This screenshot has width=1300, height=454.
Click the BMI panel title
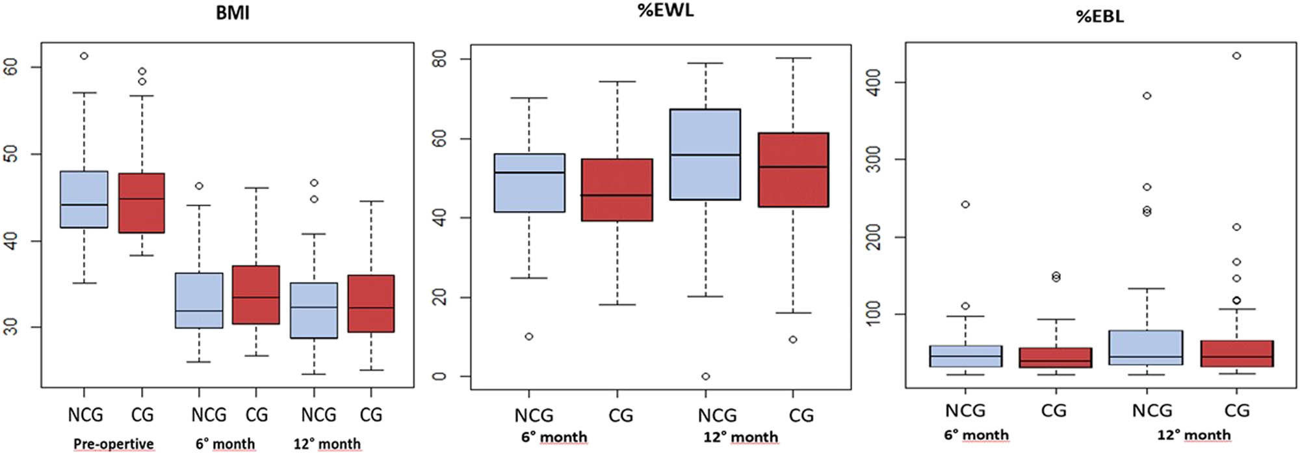pyautogui.click(x=232, y=14)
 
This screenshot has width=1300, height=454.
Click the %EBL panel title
pyautogui.click(x=1100, y=16)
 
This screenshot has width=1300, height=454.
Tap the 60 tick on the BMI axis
pyautogui.click(x=11, y=67)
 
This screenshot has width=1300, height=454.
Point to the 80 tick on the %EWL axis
pyautogui.click(x=440, y=59)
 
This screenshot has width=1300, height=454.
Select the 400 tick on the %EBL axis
pyautogui.click(x=876, y=83)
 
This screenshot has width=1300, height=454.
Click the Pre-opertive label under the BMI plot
pyautogui.click(x=113, y=444)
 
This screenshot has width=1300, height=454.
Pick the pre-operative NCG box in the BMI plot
pyautogui.click(x=84, y=199)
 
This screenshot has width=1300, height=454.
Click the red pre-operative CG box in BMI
pyautogui.click(x=142, y=202)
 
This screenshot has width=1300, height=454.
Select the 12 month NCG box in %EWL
pyautogui.click(x=705, y=154)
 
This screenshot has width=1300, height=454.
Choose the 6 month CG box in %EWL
pyautogui.click(x=617, y=190)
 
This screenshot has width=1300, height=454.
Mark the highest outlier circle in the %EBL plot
pyautogui.click(x=1237, y=56)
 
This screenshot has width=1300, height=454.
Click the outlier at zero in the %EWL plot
pyautogui.click(x=705, y=377)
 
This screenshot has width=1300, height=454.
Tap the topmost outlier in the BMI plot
pyautogui.click(x=84, y=56)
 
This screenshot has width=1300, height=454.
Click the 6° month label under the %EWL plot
pyautogui.click(x=554, y=437)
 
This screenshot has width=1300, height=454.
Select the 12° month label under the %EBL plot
pyautogui.click(x=1193, y=434)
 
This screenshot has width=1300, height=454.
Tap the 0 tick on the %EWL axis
pyautogui.click(x=440, y=377)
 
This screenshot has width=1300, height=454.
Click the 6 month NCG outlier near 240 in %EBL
pyautogui.click(x=965, y=204)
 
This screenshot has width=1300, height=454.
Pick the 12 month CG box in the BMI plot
pyautogui.click(x=371, y=304)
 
